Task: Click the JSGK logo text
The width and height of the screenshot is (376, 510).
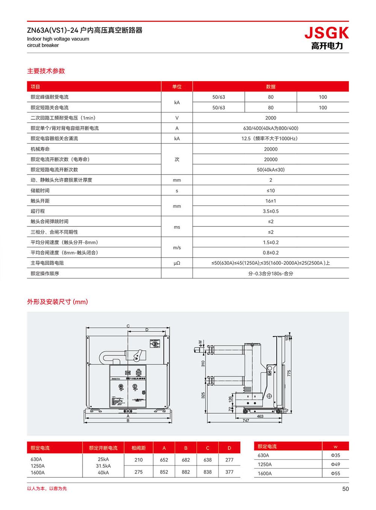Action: tap(326, 33)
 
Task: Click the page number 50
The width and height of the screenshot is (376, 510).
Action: tap(345, 489)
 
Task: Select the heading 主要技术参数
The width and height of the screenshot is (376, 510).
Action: tap(46, 71)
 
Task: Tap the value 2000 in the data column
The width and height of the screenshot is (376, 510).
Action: tap(270, 118)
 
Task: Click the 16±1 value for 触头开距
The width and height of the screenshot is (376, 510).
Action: tap(270, 201)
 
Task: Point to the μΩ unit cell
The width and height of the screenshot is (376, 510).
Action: tap(177, 263)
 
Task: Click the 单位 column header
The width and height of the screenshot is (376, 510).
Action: tap(177, 87)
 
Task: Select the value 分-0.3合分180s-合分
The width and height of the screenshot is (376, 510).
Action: tap(270, 273)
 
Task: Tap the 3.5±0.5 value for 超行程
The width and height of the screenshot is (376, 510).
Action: tap(270, 211)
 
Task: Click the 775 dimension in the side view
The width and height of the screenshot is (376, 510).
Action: tap(289, 373)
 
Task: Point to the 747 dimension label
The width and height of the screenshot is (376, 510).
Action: tap(246, 420)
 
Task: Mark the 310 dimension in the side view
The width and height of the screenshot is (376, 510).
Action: tap(203, 364)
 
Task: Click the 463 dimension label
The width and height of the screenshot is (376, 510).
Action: tap(260, 416)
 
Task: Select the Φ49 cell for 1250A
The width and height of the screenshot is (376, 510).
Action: tap(335, 464)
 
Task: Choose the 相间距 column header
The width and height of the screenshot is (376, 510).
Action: tap(138, 448)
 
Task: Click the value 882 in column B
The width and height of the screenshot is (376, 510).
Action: tap(186, 472)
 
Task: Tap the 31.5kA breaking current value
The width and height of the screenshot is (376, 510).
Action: tap(103, 466)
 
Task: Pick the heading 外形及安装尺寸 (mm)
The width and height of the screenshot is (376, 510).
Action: tap(57, 302)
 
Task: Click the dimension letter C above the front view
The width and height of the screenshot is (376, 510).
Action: tap(128, 326)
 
